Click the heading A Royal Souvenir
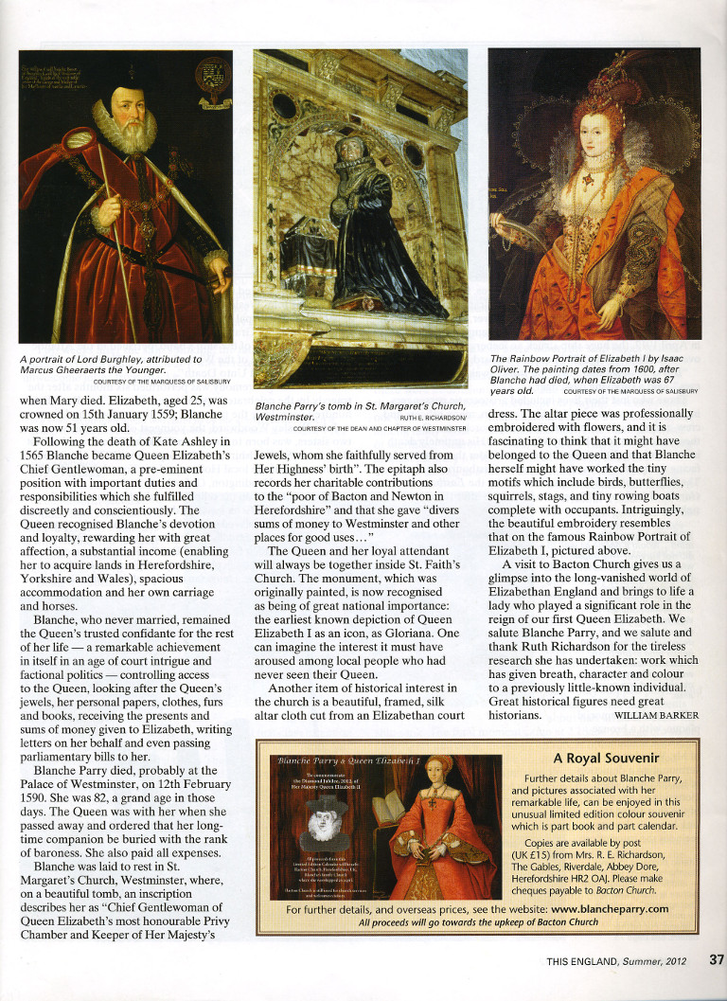pos(607,758)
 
